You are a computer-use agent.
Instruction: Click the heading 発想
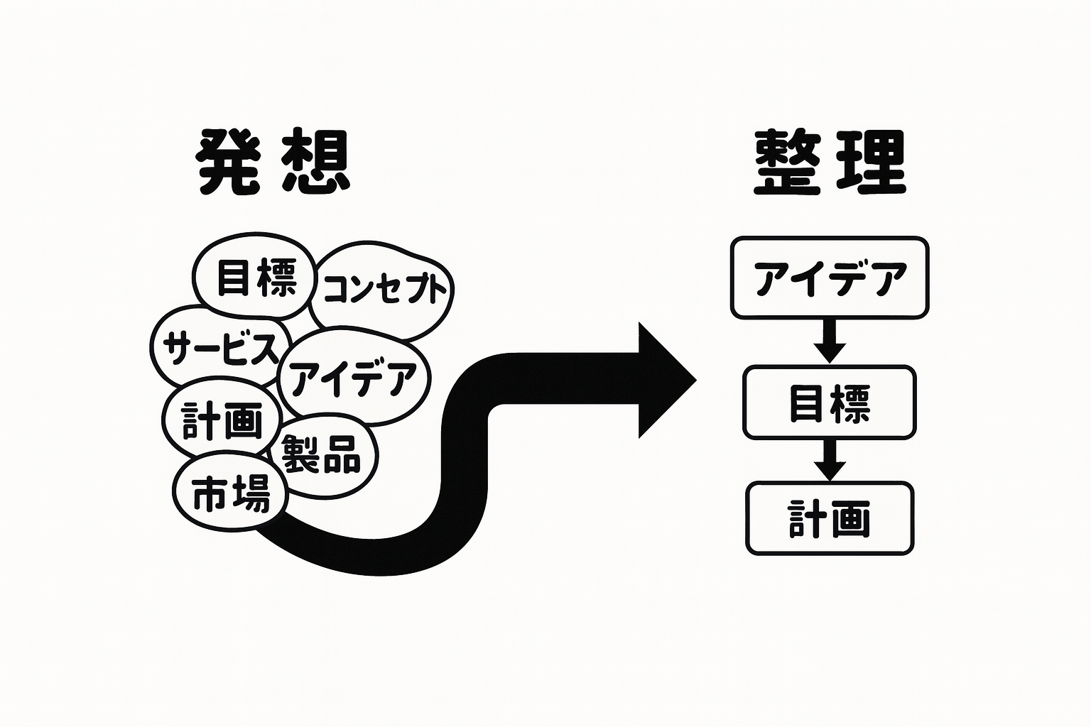pyautogui.click(x=273, y=162)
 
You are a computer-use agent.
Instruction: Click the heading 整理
pyautogui.click(x=829, y=162)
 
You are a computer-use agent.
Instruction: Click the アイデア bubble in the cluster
pyautogui.click(x=353, y=378)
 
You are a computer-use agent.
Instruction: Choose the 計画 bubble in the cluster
pyautogui.click(x=222, y=420)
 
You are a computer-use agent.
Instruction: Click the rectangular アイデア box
pyautogui.click(x=830, y=278)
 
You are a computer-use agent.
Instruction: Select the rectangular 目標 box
pyautogui.click(x=829, y=403)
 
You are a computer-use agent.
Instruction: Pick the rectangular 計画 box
pyautogui.click(x=829, y=518)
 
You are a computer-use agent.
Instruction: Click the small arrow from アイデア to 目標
pyautogui.click(x=829, y=342)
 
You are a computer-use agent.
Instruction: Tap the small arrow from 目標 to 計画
pyautogui.click(x=829, y=460)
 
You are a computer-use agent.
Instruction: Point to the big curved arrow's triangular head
pyautogui.click(x=663, y=380)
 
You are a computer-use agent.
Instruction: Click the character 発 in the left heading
pyautogui.click(x=229, y=162)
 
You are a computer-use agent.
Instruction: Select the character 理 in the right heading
pyautogui.click(x=871, y=162)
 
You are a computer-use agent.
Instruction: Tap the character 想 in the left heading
pyautogui.click(x=316, y=162)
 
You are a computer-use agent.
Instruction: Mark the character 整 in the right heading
pyautogui.click(x=787, y=162)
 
